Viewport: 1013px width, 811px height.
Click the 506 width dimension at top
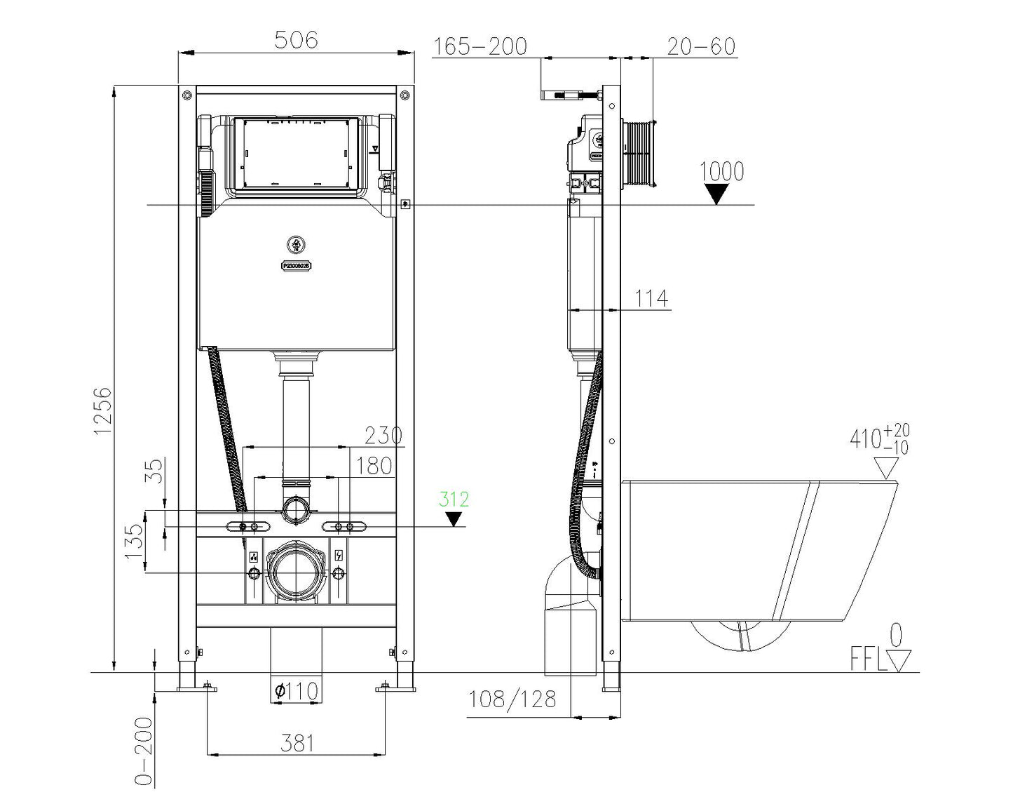tap(295, 40)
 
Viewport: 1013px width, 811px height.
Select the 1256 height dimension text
tap(102, 410)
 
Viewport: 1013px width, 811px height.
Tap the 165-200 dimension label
tap(480, 47)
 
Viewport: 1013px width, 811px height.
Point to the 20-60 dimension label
tap(701, 47)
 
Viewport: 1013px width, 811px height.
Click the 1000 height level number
tap(721, 171)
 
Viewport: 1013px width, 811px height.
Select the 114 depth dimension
tap(651, 299)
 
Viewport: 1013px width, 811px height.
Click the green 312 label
tap(454, 500)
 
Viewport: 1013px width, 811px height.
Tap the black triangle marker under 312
tap(454, 519)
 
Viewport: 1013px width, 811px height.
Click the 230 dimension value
tap(383, 436)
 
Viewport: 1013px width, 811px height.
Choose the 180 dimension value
tap(374, 466)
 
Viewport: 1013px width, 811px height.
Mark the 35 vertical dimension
tap(156, 469)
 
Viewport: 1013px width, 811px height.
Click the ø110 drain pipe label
tap(296, 691)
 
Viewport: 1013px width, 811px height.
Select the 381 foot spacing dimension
tap(297, 743)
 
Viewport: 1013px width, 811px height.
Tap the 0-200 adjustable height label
tap(144, 751)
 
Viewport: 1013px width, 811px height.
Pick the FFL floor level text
tap(868, 660)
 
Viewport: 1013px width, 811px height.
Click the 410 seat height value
tap(866, 439)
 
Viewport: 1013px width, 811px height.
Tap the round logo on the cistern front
tap(296, 245)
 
